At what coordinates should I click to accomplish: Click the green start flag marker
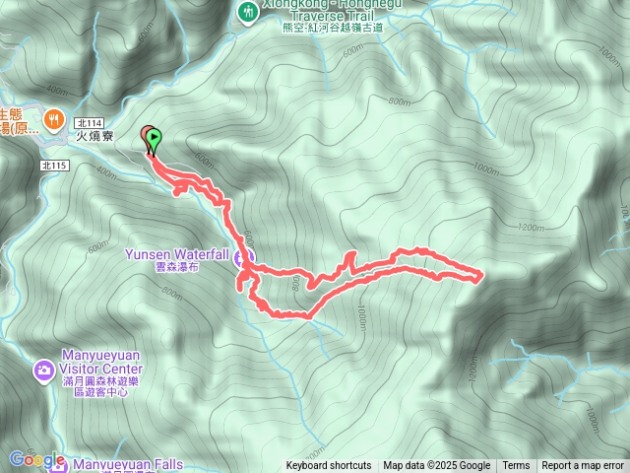tap(155, 140)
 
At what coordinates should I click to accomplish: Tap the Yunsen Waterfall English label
tap(176, 253)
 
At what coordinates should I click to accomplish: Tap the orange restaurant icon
tap(52, 115)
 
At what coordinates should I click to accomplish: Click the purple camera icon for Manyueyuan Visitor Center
tap(43, 371)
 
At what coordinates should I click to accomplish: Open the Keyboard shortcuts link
tap(329, 466)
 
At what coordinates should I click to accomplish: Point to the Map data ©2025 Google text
tap(436, 466)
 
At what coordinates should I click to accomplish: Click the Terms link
tap(516, 466)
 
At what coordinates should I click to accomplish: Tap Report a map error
tap(583, 466)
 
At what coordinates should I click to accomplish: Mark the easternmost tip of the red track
tap(480, 277)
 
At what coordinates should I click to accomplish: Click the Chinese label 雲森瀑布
tap(177, 266)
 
